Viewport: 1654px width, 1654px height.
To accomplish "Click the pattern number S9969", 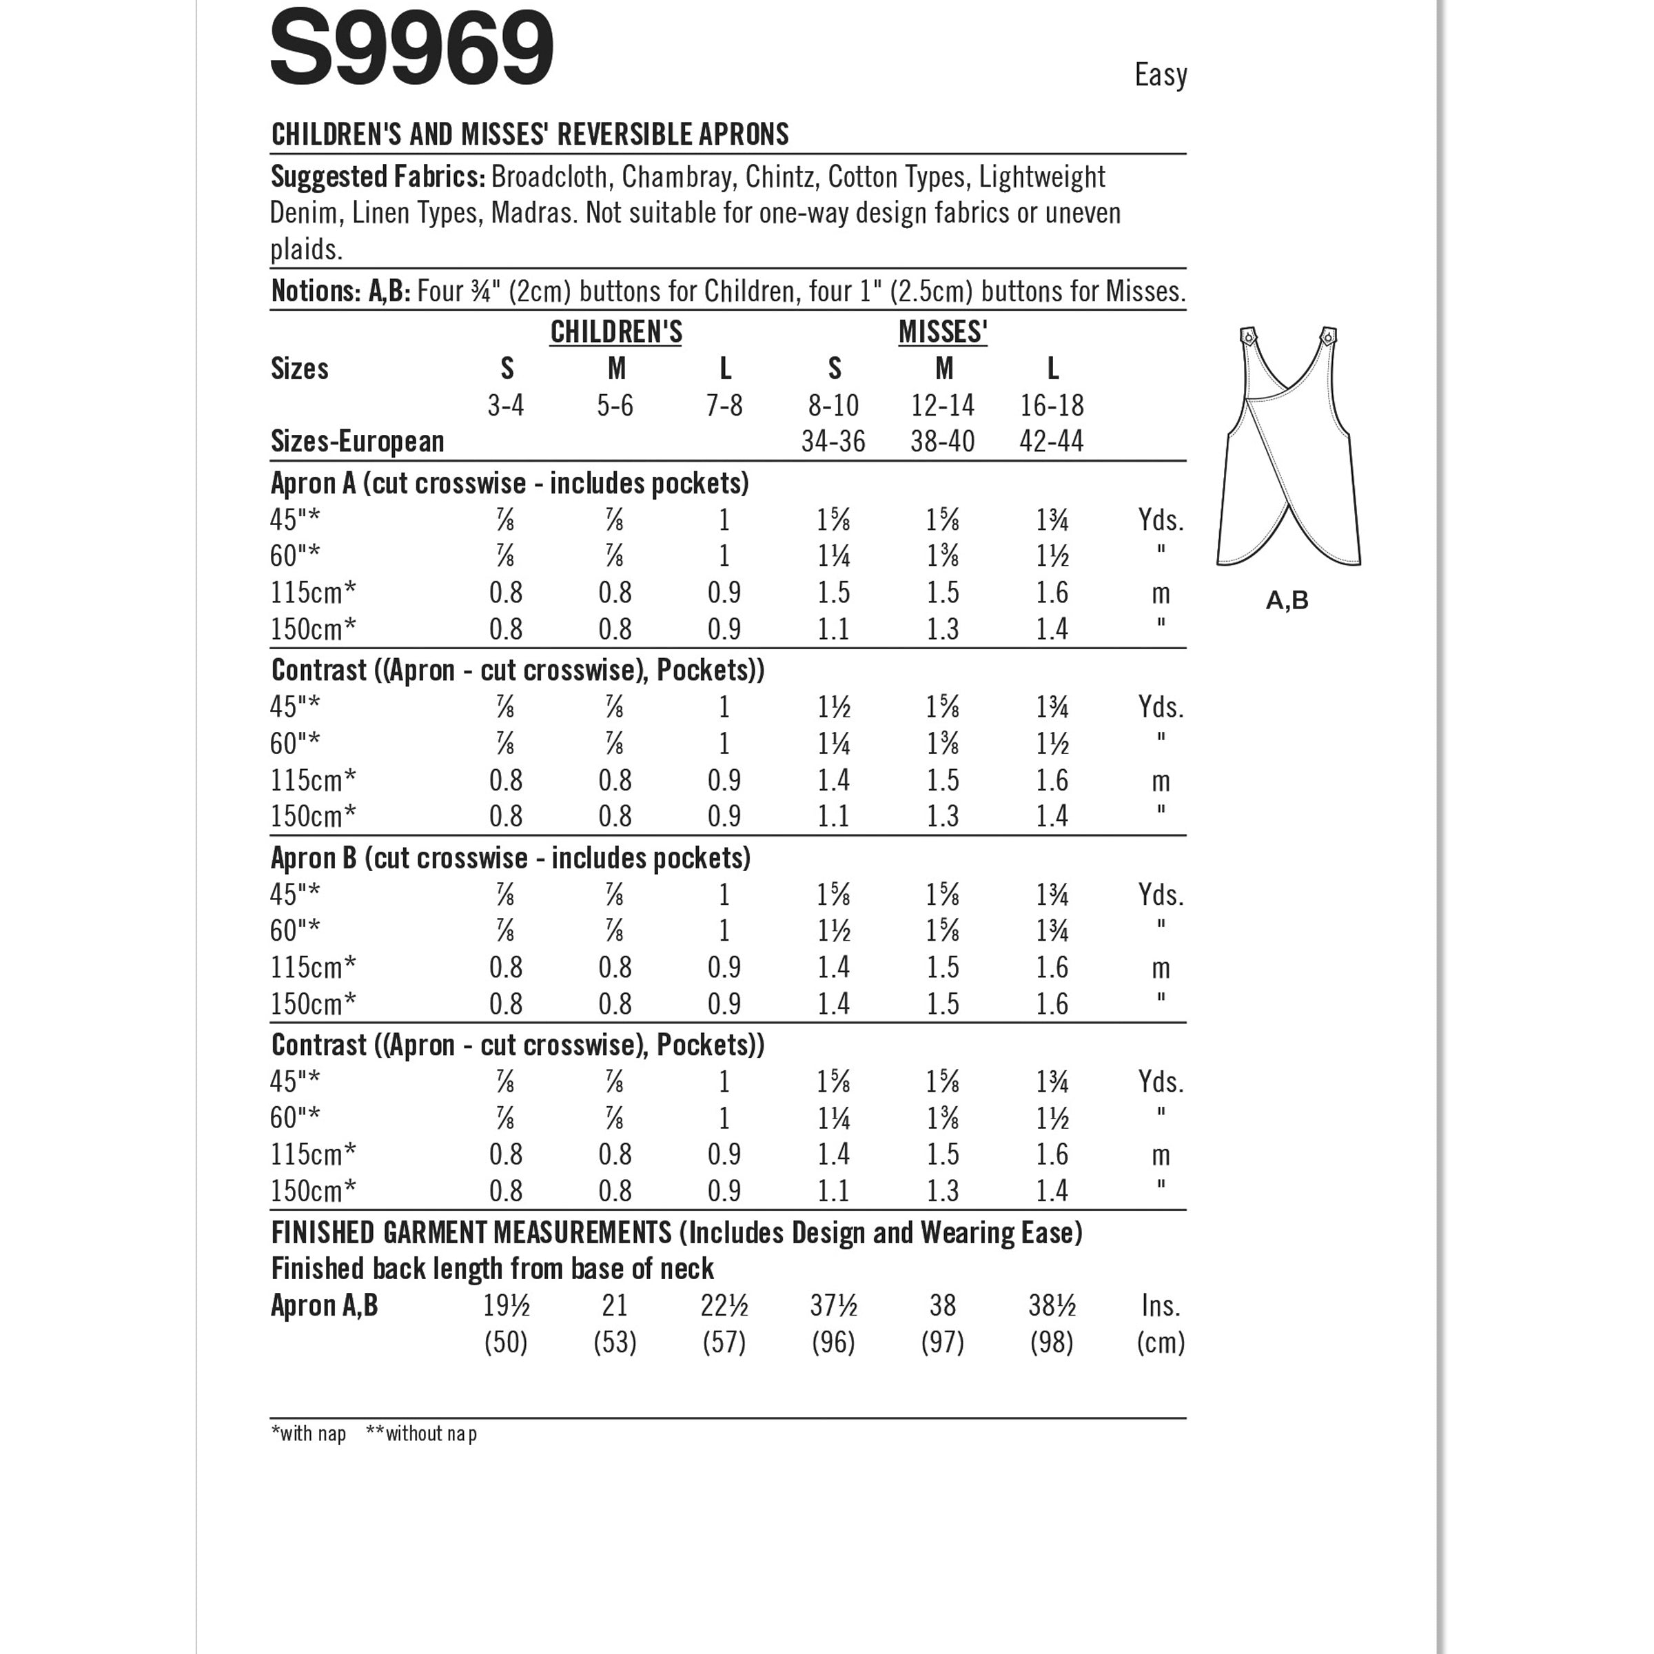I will [412, 50].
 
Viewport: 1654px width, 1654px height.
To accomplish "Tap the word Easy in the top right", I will [1160, 75].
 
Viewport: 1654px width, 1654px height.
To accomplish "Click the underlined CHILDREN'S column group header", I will [615, 332].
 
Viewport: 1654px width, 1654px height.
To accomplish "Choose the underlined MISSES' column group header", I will [943, 332].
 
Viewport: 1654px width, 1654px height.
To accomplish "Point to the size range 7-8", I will [724, 405].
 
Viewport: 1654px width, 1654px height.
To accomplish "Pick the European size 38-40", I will [943, 442].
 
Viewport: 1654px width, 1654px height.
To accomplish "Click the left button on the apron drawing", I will [1248, 336].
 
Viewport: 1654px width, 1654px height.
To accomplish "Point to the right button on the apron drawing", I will [1328, 335].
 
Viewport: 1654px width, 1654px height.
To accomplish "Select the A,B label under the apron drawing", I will [1287, 601].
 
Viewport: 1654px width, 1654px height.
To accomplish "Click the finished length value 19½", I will [506, 1305].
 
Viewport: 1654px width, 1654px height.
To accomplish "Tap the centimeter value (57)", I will [724, 1342].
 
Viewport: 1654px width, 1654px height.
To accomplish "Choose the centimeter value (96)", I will [833, 1342].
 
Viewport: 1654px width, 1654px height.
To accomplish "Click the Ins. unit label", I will [1161, 1305].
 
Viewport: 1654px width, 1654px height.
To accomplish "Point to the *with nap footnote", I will [308, 1434].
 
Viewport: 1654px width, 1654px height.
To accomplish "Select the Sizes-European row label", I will [357, 442].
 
